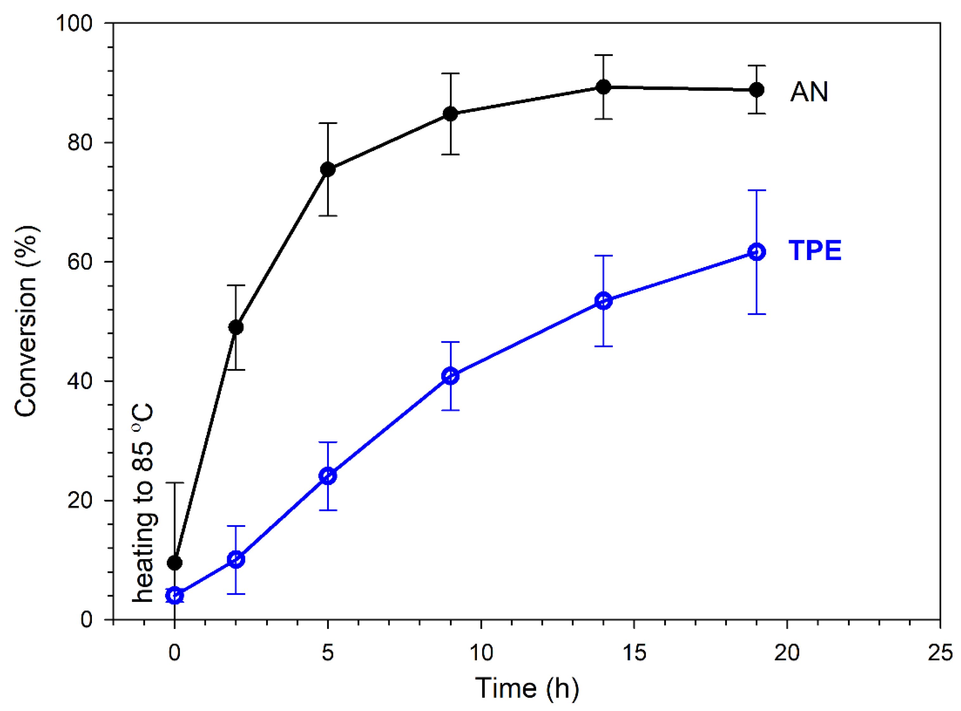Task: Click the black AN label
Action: [x=809, y=92]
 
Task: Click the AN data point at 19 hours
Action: [x=756, y=90]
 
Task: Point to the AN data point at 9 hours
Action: [x=450, y=114]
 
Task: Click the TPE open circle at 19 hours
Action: [x=756, y=252]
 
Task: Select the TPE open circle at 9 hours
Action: [x=450, y=376]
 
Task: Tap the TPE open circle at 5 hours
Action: [x=328, y=476]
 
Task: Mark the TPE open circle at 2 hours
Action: [x=236, y=559]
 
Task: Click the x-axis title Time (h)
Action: [x=526, y=688]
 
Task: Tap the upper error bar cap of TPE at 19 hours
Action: [x=756, y=190]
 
